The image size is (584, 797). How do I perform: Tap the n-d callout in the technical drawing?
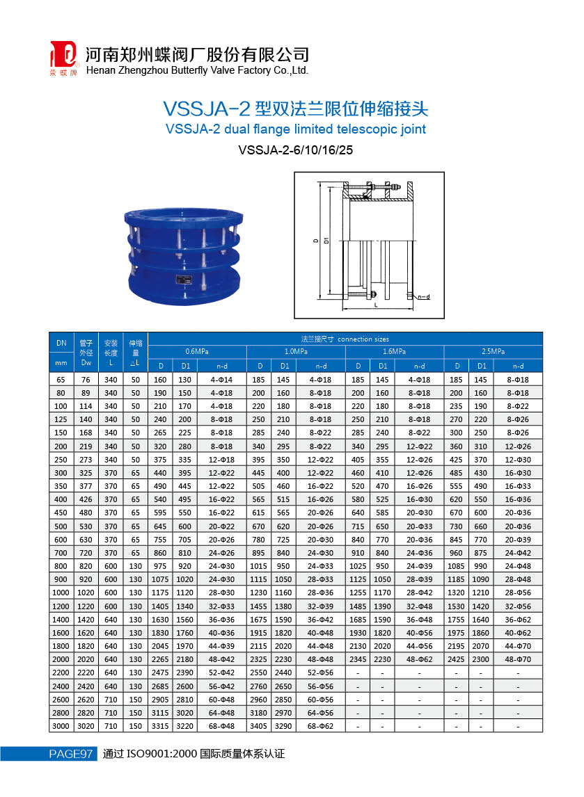423,297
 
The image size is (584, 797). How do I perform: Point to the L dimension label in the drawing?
376,305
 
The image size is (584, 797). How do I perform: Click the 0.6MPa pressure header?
197,352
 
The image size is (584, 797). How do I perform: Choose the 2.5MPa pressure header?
493,352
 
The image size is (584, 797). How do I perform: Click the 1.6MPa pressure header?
395,352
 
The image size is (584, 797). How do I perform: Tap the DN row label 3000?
61,726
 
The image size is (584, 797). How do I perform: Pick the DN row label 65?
61,380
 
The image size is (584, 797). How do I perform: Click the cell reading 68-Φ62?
321,726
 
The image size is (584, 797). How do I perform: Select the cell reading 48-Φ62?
420,659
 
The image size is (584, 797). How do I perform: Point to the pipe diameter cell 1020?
86,592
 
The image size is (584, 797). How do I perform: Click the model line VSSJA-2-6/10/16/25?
292,150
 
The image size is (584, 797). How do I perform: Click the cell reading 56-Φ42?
222,686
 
